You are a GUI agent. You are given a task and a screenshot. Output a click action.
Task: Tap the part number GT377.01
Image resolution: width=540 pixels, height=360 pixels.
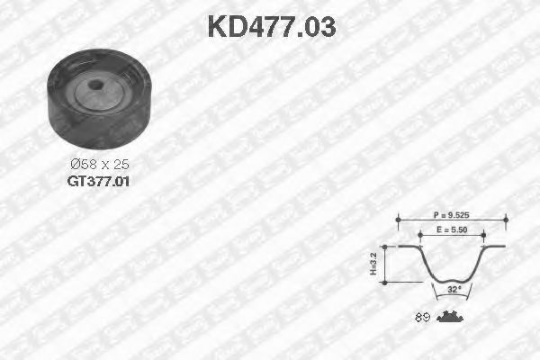tap(99, 181)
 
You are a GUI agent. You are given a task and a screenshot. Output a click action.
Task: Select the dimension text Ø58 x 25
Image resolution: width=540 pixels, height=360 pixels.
tap(99, 165)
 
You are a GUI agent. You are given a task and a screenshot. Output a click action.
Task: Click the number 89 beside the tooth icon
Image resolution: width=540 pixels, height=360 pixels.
tap(421, 317)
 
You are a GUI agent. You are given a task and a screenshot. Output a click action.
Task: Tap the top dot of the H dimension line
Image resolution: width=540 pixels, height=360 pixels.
tap(388, 246)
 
